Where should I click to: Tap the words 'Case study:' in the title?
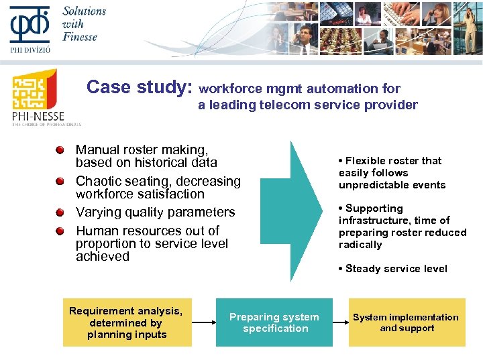(140, 88)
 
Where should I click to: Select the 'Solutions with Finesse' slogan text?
(84, 23)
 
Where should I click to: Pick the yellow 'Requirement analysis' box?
(127, 322)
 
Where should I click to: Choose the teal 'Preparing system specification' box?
(274, 322)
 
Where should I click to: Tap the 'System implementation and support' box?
(407, 322)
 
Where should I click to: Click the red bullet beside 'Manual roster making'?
(61, 150)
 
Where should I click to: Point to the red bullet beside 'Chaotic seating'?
(61, 182)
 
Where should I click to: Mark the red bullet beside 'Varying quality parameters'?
(61, 213)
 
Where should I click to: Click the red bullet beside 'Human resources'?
(61, 231)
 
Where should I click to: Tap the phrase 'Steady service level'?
(396, 269)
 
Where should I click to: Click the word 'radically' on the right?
(360, 245)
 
